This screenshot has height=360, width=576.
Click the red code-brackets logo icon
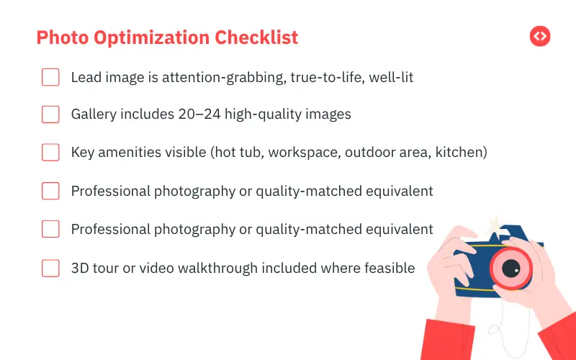(539, 37)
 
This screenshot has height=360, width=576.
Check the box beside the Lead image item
(50, 77)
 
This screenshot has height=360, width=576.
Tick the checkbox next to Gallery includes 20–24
(50, 114)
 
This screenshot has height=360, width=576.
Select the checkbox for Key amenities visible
(50, 153)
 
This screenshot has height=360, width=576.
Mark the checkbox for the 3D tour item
(50, 268)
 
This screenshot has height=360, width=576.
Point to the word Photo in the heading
(59, 37)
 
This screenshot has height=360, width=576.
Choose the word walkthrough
(232, 268)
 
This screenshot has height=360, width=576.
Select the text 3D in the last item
(80, 268)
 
